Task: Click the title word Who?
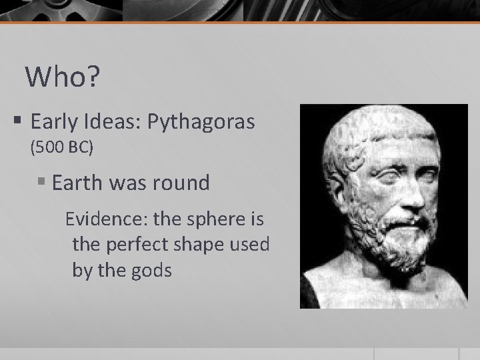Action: pos(63,78)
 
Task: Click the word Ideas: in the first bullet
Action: pos(111,122)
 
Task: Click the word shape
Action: pos(201,245)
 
